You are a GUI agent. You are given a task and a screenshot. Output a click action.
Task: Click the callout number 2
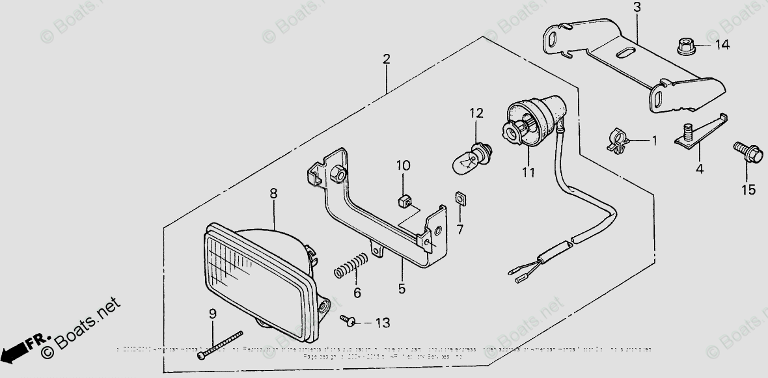(386, 60)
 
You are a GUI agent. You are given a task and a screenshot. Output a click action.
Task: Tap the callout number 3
(637, 8)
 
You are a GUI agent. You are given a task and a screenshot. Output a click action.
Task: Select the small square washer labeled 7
(460, 198)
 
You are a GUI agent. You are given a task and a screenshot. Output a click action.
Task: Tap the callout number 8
(273, 193)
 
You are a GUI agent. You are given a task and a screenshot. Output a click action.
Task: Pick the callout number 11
(528, 172)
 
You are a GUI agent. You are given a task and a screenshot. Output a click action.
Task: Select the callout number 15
(748, 189)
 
